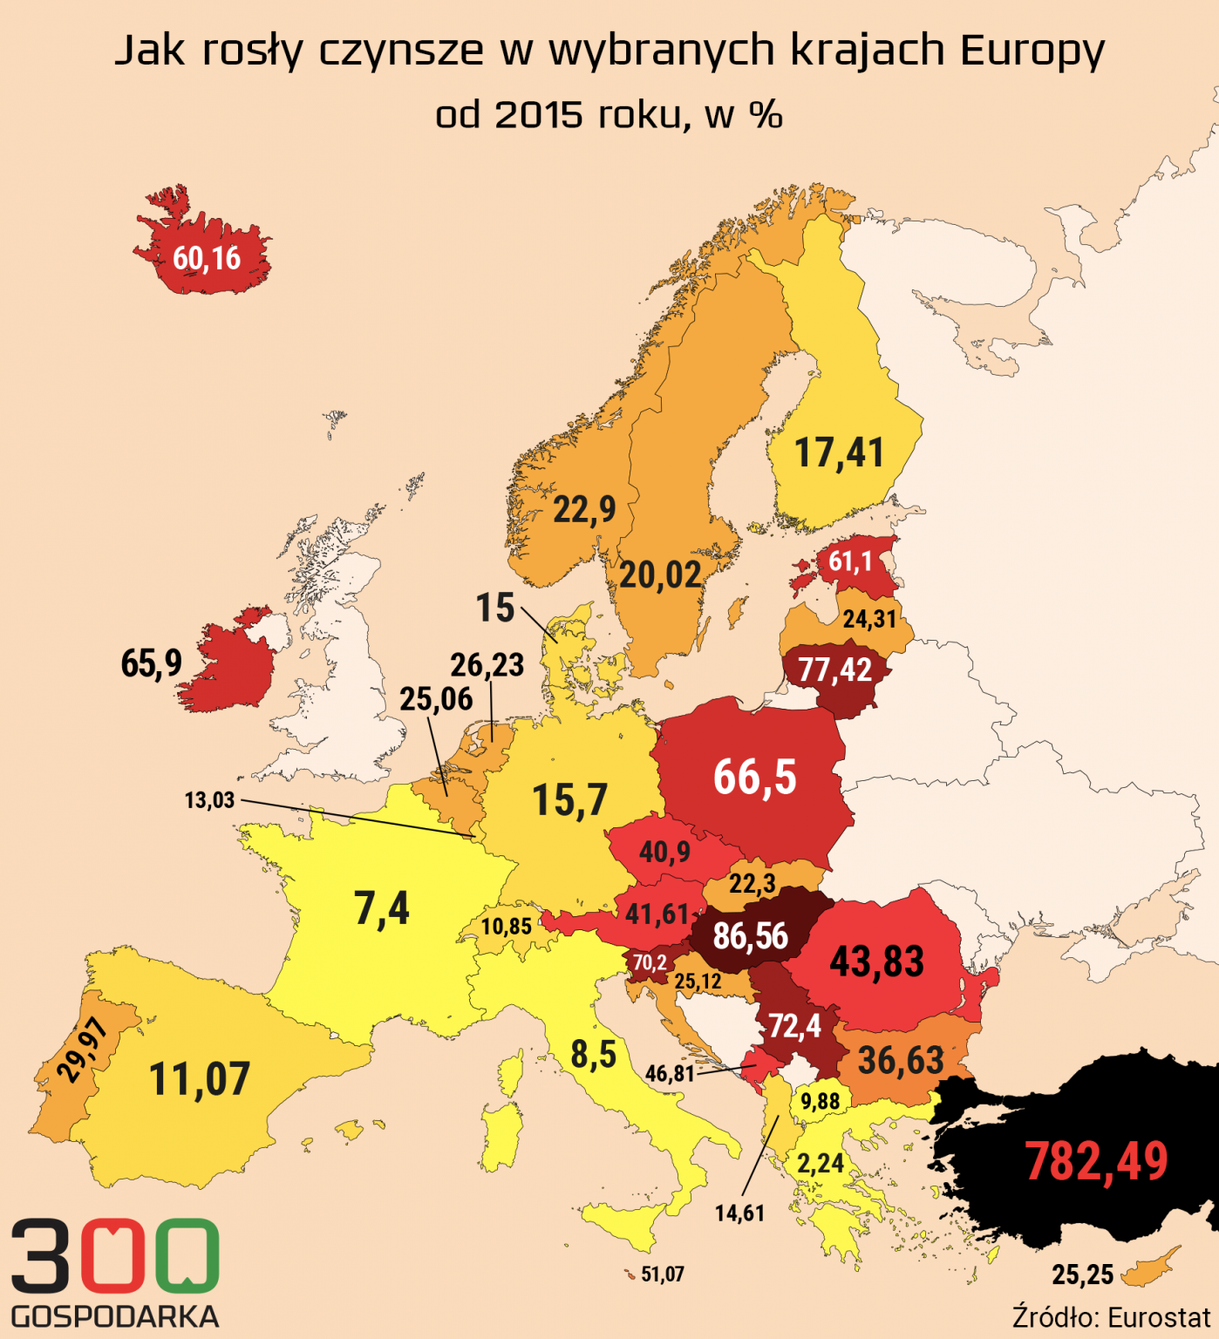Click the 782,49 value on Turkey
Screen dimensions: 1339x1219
click(x=1096, y=1161)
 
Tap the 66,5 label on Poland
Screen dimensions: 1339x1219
click(x=755, y=777)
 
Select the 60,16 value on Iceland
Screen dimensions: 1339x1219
click(x=207, y=258)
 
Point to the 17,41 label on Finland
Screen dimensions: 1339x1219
click(x=840, y=453)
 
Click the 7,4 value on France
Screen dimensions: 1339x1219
click(x=382, y=908)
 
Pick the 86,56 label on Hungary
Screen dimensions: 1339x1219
click(x=750, y=936)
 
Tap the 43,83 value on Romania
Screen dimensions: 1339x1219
click(x=876, y=962)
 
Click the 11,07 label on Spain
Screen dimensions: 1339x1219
click(x=200, y=1079)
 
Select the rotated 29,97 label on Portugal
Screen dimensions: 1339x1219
click(x=84, y=1050)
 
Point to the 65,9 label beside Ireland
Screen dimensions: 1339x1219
click(x=152, y=663)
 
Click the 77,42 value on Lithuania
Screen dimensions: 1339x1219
click(x=834, y=669)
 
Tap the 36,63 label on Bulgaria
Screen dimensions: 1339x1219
click(x=901, y=1060)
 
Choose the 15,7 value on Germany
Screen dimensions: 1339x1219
click(x=569, y=799)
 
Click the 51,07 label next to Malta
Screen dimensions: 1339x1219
click(x=663, y=1274)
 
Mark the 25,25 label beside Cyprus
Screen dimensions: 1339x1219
click(x=1083, y=1275)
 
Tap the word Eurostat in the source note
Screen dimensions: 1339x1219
click(x=1159, y=1316)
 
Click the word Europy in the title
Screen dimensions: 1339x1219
click(x=1032, y=51)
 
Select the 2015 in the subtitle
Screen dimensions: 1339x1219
click(x=538, y=114)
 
